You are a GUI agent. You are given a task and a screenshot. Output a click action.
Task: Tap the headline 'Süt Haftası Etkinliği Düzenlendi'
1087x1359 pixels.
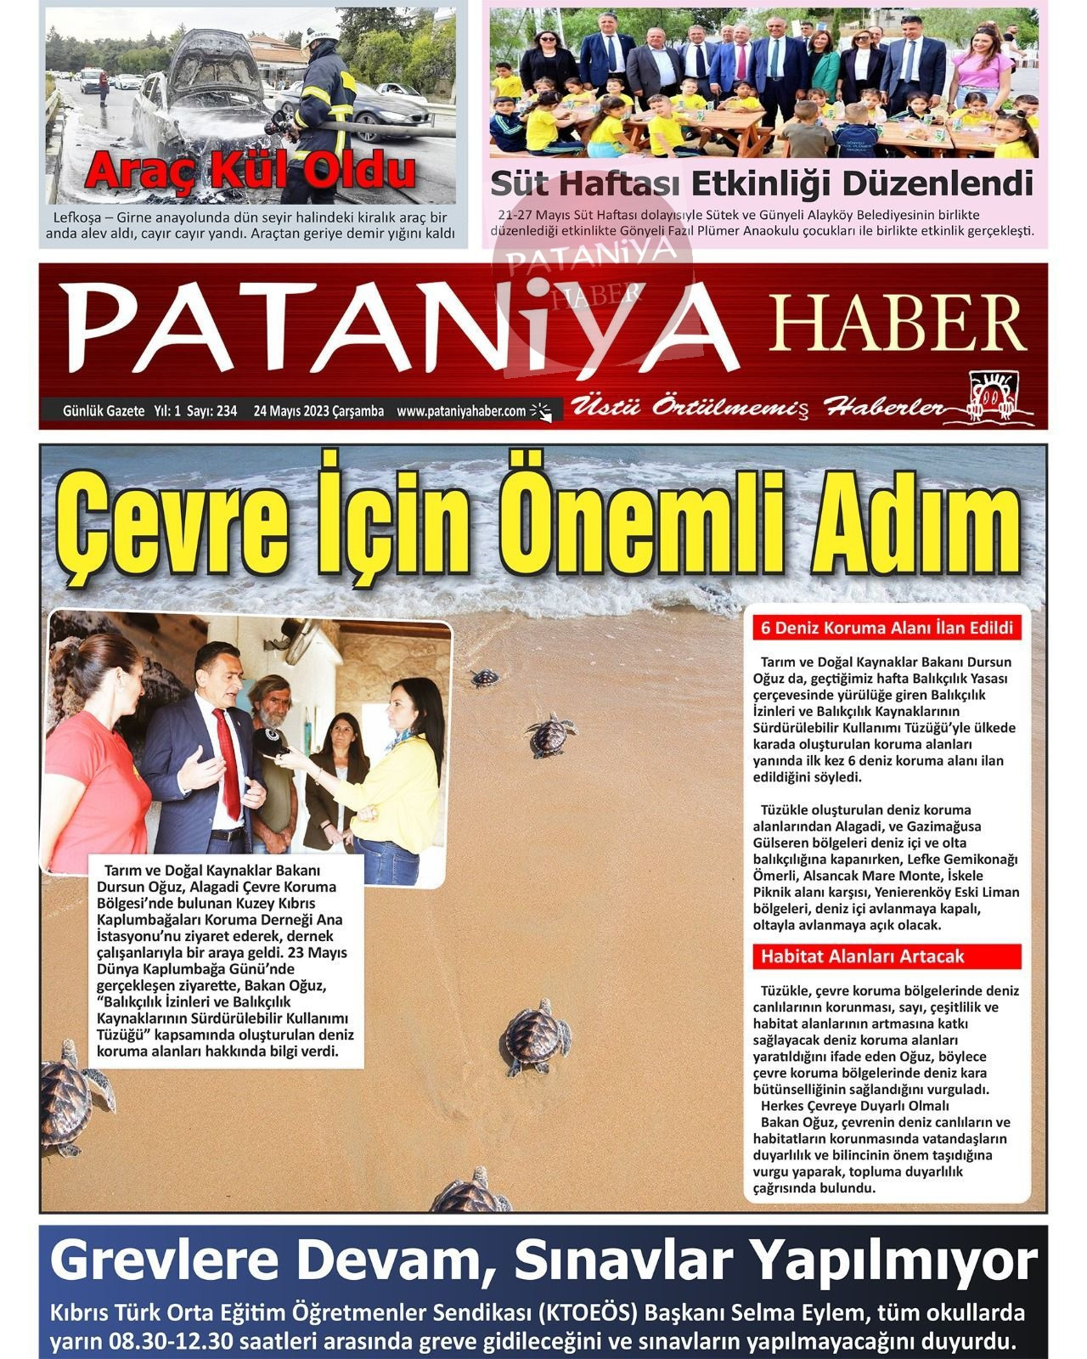[762, 183]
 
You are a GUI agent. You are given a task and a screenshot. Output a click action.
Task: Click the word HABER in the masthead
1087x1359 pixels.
[898, 324]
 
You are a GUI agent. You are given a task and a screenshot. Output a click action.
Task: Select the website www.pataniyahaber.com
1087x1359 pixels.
[461, 411]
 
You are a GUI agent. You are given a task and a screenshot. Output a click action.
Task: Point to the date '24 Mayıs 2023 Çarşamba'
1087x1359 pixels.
[318, 411]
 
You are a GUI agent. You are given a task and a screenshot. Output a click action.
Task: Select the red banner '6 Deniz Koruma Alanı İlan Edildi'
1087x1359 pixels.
[887, 629]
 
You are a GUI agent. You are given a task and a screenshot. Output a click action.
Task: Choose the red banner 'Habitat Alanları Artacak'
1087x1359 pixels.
[862, 956]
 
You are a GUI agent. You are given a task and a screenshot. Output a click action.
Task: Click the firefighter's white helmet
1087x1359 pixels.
[323, 36]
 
